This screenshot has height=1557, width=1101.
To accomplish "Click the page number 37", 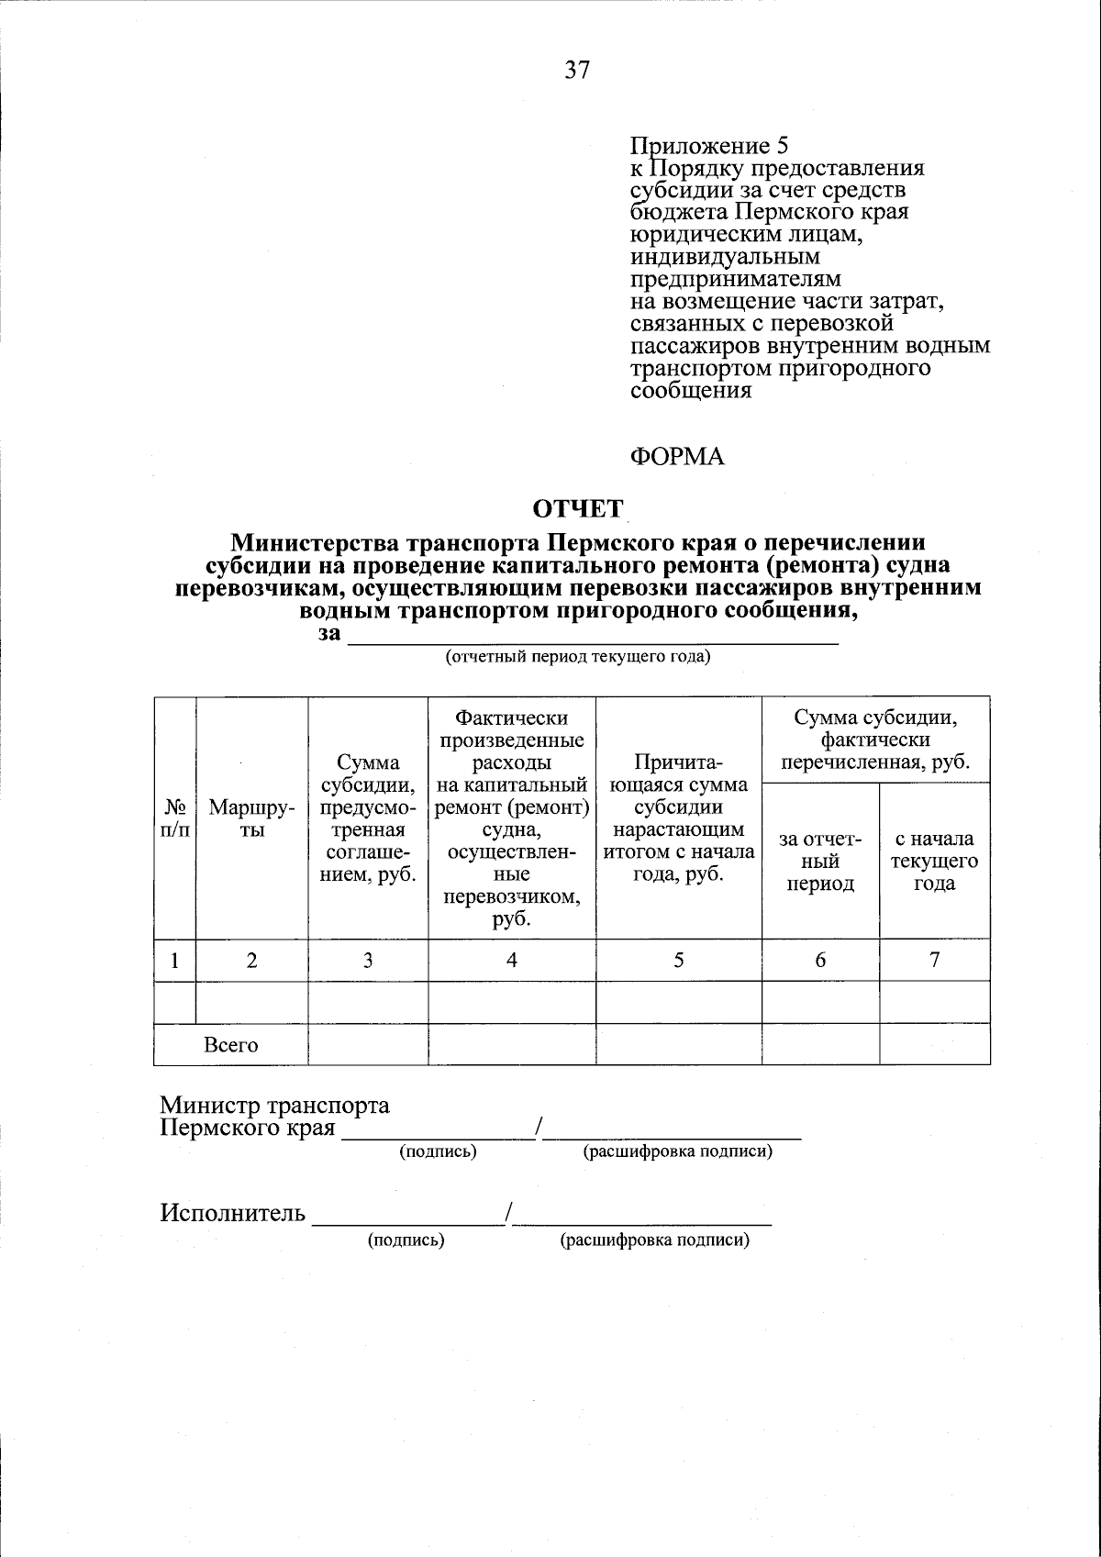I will tap(577, 70).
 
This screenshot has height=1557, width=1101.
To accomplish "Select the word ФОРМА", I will tap(677, 456).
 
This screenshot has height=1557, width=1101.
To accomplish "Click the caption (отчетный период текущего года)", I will tap(578, 657).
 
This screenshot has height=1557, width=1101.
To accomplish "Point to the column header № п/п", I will tap(174, 818).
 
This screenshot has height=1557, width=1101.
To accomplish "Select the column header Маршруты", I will tap(251, 818).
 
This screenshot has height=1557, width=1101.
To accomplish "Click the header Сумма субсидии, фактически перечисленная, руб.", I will tap(875, 740).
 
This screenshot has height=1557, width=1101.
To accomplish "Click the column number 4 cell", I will tap(512, 960).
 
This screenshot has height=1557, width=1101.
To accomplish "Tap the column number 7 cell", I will tap(934, 960).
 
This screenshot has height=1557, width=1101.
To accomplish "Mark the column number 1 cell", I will tap(174, 960).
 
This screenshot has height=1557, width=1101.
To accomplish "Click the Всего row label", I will tap(230, 1045).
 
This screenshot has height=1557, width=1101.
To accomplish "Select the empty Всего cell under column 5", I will tap(679, 1045).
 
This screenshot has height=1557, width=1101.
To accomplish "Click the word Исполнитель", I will tap(232, 1213).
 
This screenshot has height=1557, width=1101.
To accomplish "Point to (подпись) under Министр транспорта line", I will tap(438, 1151).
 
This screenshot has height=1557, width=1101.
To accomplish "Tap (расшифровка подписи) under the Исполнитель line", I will tap(654, 1240).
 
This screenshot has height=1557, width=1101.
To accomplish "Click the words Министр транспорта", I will tap(274, 1106).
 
